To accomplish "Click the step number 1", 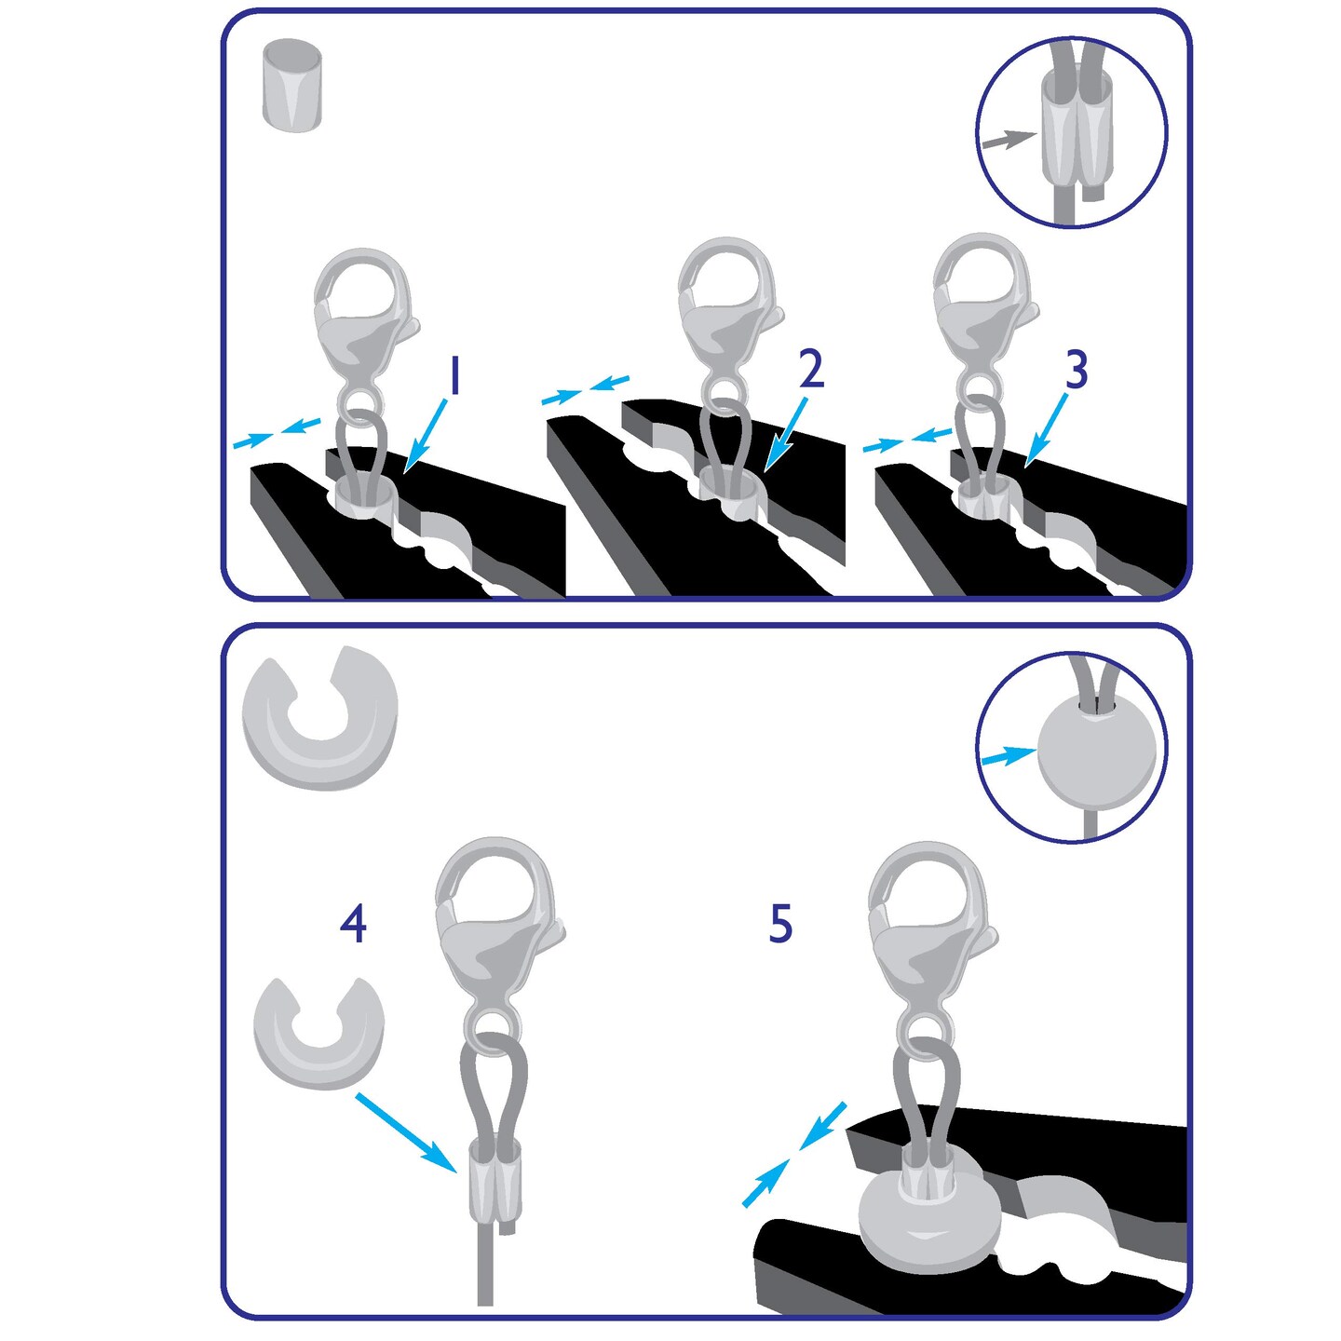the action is point(454,376).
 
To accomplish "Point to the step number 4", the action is point(353,924).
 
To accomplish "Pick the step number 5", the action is point(780,924).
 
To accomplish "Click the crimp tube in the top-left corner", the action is point(292,86).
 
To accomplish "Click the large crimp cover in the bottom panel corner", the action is point(319,717).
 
